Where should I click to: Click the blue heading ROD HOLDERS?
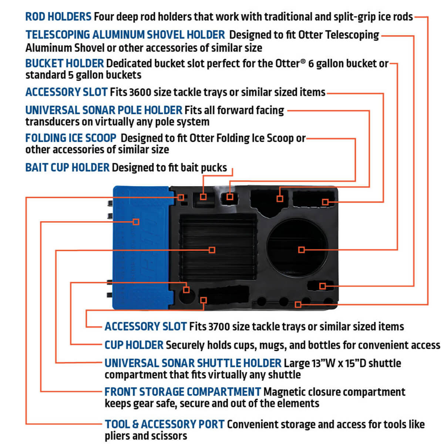click(58, 17)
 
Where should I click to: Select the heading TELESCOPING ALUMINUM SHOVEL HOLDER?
click(125, 35)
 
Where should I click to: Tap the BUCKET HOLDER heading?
click(64, 63)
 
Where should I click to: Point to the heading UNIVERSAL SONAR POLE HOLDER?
click(104, 110)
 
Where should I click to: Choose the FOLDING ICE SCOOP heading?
click(71, 138)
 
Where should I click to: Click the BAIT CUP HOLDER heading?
click(67, 168)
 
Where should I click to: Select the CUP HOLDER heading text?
click(134, 345)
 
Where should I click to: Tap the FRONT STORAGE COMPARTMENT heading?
click(182, 392)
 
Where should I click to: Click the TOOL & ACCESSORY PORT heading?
click(164, 424)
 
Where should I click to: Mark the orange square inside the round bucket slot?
click(301, 250)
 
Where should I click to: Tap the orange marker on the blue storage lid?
click(136, 222)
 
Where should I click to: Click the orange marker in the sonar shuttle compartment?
click(212, 250)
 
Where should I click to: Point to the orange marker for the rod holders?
click(298, 305)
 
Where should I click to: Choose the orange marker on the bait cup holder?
click(203, 196)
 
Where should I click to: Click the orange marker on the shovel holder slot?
click(322, 286)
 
